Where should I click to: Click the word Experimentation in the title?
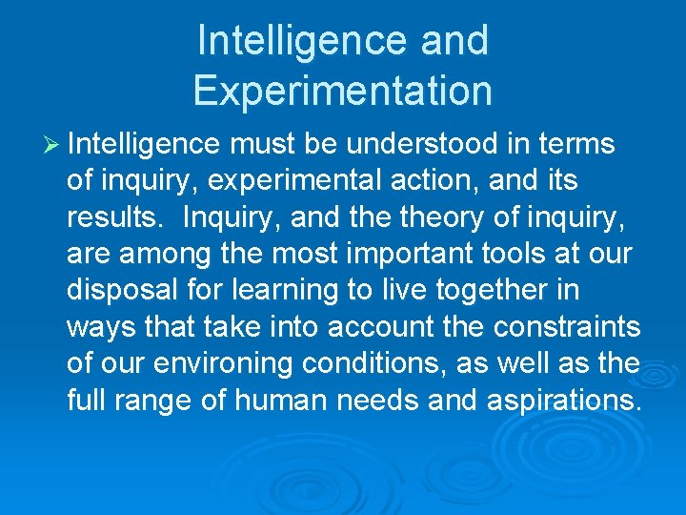click(342, 91)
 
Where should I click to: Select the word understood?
click(422, 145)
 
